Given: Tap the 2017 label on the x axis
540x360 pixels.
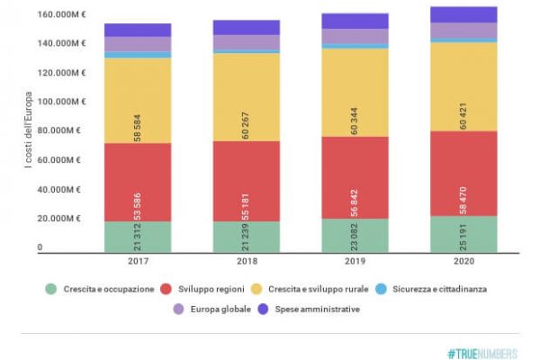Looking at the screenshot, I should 137,261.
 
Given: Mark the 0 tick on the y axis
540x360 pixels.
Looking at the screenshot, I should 40,247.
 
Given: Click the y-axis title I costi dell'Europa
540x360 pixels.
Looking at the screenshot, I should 31,131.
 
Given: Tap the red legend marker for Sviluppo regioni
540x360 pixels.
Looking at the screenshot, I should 167,289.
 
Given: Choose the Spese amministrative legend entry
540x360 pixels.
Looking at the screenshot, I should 315,310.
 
